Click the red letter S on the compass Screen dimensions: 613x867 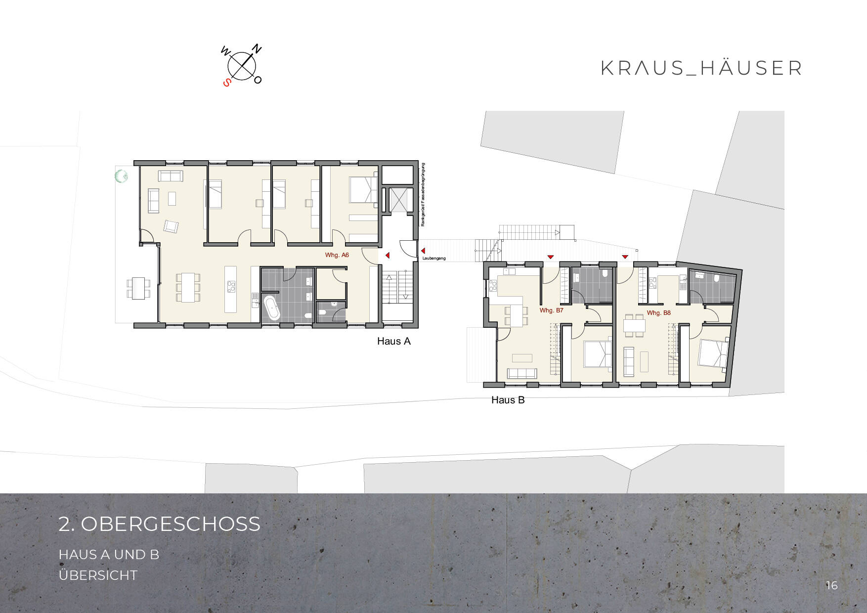[227, 83]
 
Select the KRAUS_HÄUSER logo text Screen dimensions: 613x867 [701, 68]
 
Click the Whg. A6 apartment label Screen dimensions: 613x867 [337, 255]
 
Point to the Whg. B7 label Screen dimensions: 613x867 [551, 310]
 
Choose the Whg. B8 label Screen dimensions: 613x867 [658, 313]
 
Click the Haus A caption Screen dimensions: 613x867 [393, 341]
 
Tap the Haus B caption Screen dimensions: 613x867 [508, 400]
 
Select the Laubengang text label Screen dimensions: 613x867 [434, 259]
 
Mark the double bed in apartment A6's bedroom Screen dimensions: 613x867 [364, 190]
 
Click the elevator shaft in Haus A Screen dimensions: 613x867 [397, 200]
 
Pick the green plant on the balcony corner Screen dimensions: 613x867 [121, 175]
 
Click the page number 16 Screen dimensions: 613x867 [831, 585]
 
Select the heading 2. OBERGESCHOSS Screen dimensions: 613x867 [159, 524]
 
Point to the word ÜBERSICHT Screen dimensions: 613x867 [98, 575]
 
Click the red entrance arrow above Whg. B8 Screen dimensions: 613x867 [625, 257]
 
